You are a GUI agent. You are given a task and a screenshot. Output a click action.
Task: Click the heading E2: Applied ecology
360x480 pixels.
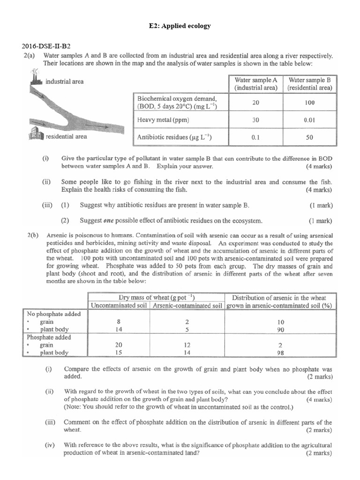coord(180,26)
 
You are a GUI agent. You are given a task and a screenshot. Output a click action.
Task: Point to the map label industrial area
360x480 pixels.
coord(65,82)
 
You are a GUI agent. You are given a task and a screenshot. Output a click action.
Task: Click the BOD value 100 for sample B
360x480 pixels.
coord(309,102)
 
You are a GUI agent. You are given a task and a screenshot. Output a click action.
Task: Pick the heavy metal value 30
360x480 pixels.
coord(255,120)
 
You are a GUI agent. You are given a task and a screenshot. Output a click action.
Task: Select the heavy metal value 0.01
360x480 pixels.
coord(309,120)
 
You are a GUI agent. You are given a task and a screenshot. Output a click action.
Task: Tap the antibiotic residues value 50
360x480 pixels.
coord(309,138)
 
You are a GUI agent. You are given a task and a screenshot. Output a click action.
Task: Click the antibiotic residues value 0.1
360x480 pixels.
coord(255,138)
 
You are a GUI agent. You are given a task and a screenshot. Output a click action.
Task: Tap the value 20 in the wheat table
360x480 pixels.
coord(119,345)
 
